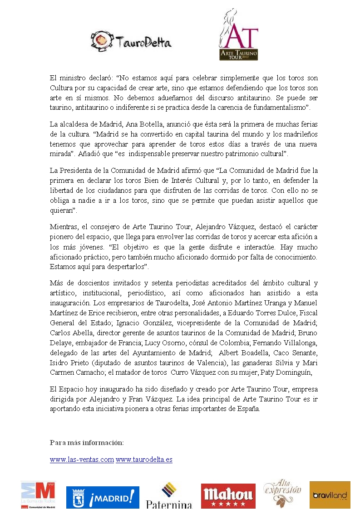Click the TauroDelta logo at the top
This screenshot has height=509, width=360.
pyautogui.click(x=131, y=41)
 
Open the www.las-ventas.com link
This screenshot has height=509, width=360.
pyautogui.click(x=82, y=460)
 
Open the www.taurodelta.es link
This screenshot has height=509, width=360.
pyautogui.click(x=144, y=460)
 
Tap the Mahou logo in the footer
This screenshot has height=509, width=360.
pyautogui.click(x=228, y=495)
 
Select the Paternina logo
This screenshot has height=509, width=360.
pyautogui.click(x=169, y=495)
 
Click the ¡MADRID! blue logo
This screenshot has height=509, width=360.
pyautogui.click(x=103, y=497)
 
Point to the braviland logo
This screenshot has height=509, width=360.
pyautogui.click(x=330, y=495)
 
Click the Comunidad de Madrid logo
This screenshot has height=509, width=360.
pyautogui.click(x=38, y=494)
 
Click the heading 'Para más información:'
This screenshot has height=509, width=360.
pyautogui.click(x=87, y=442)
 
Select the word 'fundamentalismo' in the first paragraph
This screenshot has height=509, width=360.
pyautogui.click(x=280, y=107)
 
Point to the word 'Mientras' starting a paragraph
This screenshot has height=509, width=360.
pyautogui.click(x=63, y=227)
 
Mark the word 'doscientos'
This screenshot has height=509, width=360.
pyautogui.click(x=91, y=283)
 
